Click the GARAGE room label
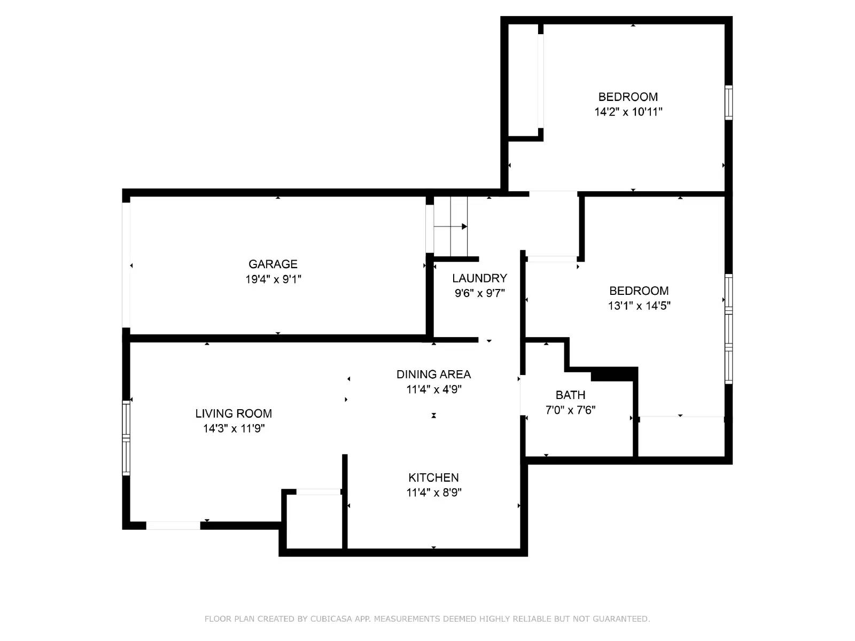[x=273, y=264]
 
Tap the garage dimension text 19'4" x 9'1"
[x=273, y=279]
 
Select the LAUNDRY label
[x=479, y=278]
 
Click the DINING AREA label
[x=433, y=374]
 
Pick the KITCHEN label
[x=433, y=478]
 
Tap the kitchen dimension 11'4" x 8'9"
[x=433, y=493]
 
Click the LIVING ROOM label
[x=234, y=413]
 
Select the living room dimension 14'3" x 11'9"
[x=234, y=428]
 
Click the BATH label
[x=570, y=395]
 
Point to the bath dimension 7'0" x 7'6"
[x=570, y=410]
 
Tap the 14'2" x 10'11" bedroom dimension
[x=628, y=112]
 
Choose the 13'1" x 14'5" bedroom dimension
[x=639, y=306]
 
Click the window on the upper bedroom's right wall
[x=728, y=102]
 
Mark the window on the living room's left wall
[x=126, y=438]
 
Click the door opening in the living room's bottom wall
[x=173, y=526]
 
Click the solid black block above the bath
[x=613, y=374]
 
